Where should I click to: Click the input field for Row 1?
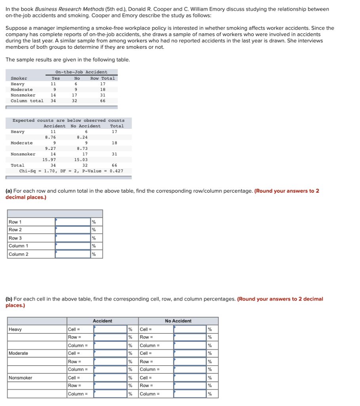73,222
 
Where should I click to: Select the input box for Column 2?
73,254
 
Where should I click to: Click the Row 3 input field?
73,238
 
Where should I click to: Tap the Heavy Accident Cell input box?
110,329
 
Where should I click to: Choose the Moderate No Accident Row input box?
190,362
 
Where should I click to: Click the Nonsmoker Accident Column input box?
110,394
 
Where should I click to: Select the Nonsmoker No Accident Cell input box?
190,378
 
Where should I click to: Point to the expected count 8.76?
50,137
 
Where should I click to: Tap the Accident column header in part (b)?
103,321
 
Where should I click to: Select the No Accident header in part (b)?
178,321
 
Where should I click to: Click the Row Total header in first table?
103,78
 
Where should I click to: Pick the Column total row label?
27,101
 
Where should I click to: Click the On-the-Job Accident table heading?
81,72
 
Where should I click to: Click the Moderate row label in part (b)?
19,353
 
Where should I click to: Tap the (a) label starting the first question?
9,191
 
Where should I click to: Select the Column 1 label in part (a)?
18,246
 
